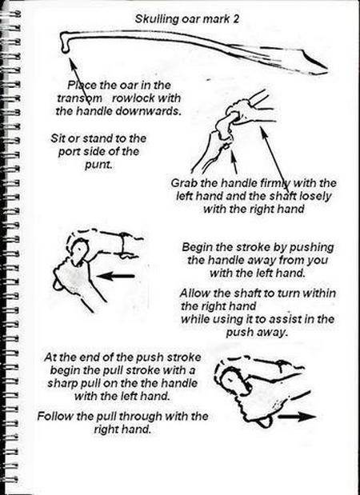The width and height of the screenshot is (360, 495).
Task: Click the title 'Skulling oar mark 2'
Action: [187, 19]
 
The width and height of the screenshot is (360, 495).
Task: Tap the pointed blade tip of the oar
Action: [327, 68]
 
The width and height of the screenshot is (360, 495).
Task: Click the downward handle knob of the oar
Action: [65, 50]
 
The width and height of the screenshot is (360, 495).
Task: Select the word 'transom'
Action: [79, 98]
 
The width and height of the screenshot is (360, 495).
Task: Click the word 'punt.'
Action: [98, 165]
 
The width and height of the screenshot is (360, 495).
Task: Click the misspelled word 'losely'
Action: [315, 196]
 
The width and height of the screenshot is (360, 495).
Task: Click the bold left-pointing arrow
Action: [115, 276]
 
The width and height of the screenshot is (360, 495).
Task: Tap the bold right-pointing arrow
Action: [297, 417]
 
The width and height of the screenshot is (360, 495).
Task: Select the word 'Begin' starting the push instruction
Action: [196, 247]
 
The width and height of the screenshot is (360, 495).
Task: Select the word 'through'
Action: [141, 417]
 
